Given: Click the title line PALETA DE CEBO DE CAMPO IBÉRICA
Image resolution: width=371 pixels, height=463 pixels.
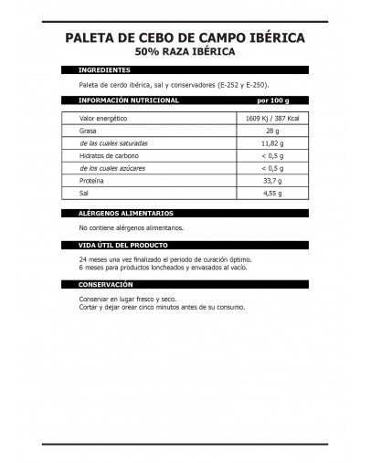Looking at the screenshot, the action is click(x=185, y=37).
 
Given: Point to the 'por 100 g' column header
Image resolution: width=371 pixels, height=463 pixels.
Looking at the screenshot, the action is click(x=275, y=100).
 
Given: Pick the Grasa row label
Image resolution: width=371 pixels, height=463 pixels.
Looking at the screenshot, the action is click(x=90, y=132).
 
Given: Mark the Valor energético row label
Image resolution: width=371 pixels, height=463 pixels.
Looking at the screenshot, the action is click(x=102, y=119).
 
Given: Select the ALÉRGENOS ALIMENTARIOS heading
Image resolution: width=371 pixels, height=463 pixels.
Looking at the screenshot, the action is click(x=126, y=213).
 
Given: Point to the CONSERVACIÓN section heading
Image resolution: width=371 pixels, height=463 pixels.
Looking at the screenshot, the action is click(x=107, y=284).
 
